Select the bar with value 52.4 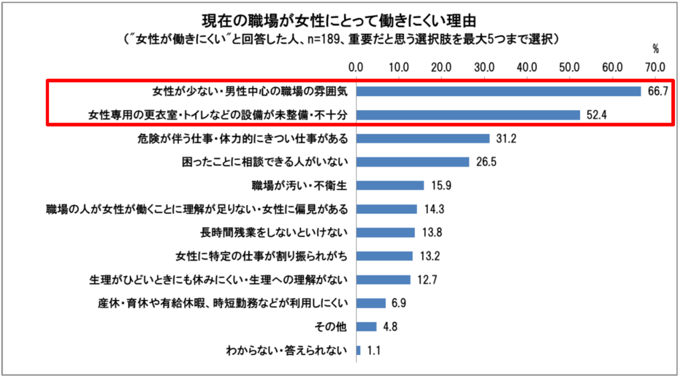click(x=468, y=115)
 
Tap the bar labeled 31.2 click(x=423, y=138)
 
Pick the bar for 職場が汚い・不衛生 click(x=390, y=185)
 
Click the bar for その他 click(x=367, y=326)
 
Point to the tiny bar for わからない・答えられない click(x=359, y=350)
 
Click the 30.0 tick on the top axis click(x=484, y=66)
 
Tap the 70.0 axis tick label click(x=655, y=66)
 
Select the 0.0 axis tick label click(x=356, y=66)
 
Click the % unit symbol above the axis click(x=656, y=48)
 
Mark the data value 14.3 click(x=434, y=209)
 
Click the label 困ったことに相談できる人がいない click(x=265, y=162)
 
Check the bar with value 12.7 click(x=383, y=279)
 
